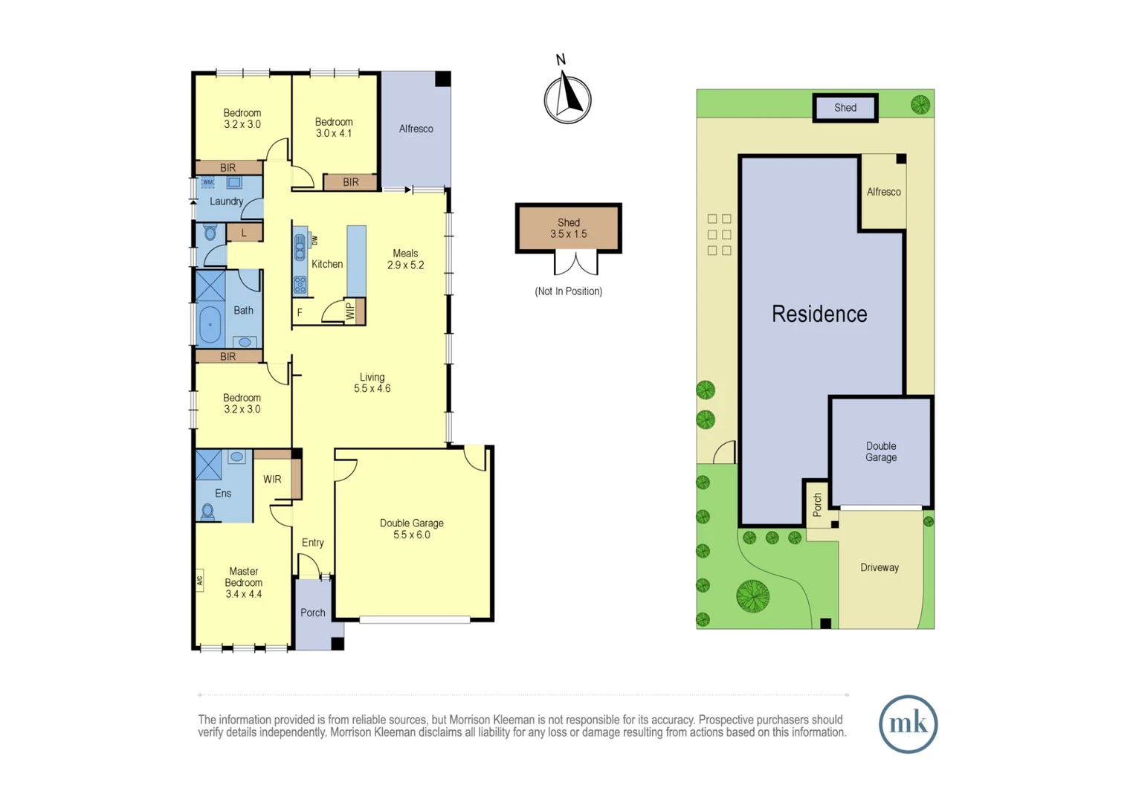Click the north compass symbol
click(567, 97)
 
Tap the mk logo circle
click(908, 723)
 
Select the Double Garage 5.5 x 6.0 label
click(411, 529)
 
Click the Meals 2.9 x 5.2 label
click(405, 259)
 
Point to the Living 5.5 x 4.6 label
click(372, 382)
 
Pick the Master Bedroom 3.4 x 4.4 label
click(243, 582)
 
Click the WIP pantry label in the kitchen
click(350, 311)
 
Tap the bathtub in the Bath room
click(210, 325)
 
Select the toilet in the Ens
click(208, 511)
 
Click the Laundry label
click(226, 201)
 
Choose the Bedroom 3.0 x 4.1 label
click(333, 127)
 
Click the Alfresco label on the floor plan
click(416, 129)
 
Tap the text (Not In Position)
click(568, 291)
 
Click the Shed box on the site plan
click(845, 108)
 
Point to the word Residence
click(819, 314)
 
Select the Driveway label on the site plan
click(880, 567)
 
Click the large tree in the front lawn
click(752, 596)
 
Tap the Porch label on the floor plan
click(312, 613)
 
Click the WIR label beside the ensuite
click(272, 480)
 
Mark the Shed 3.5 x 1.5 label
click(568, 228)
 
